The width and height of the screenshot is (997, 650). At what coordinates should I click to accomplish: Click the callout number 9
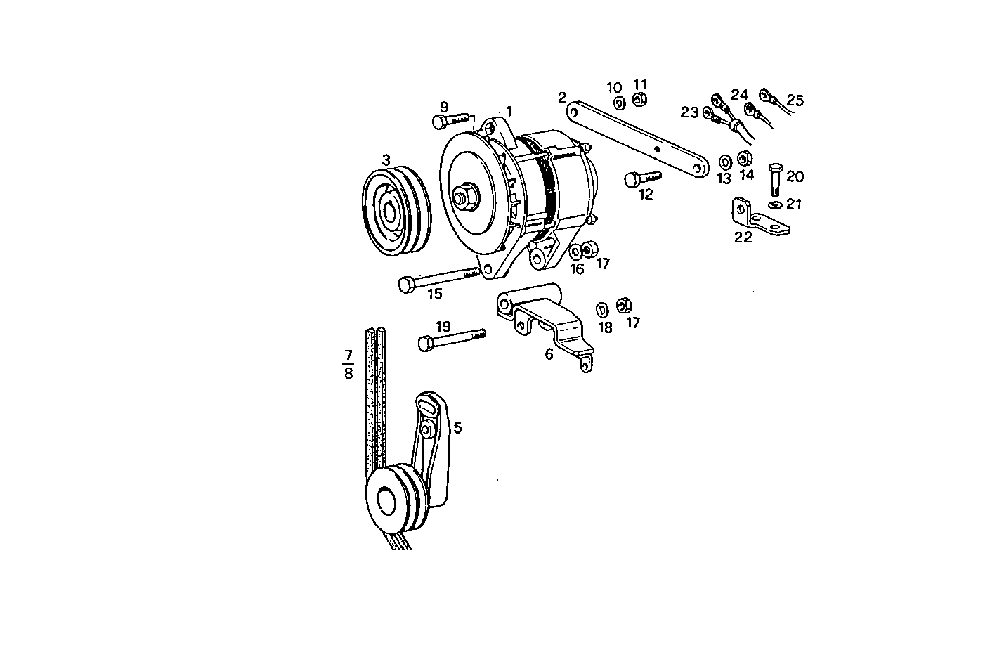pyautogui.click(x=443, y=107)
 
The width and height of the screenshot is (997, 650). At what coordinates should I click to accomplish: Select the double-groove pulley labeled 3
pyautogui.click(x=396, y=212)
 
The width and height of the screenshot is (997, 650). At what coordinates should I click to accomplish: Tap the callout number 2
pyautogui.click(x=561, y=97)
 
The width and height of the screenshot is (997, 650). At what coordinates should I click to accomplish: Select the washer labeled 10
pyautogui.click(x=619, y=103)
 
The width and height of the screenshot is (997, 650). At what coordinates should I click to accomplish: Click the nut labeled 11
pyautogui.click(x=639, y=100)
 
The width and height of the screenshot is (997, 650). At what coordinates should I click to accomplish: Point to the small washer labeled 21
pyautogui.click(x=774, y=204)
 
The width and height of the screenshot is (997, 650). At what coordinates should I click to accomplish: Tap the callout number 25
pyautogui.click(x=795, y=100)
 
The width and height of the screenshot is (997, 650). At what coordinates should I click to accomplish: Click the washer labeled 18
pyautogui.click(x=603, y=309)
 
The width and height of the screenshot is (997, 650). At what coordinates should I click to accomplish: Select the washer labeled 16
pyautogui.click(x=575, y=251)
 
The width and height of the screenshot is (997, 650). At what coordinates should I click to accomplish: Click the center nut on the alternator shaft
pyautogui.click(x=464, y=198)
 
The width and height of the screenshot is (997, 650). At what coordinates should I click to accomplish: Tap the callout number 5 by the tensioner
pyautogui.click(x=457, y=427)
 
